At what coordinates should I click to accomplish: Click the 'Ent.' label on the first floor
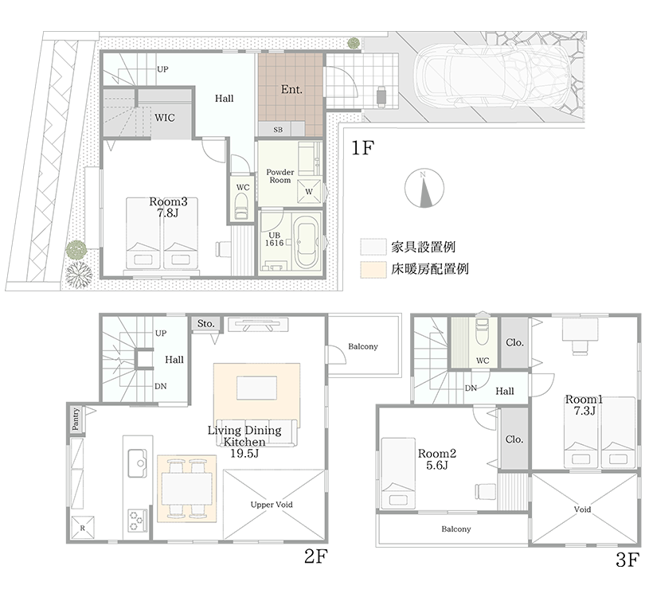pyautogui.click(x=291, y=89)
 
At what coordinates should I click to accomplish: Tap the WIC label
pyautogui.click(x=165, y=118)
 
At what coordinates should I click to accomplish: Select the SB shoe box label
pyautogui.click(x=278, y=130)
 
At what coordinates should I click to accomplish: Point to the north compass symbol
pyautogui.click(x=424, y=189)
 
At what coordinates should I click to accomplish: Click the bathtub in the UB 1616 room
pyautogui.click(x=307, y=244)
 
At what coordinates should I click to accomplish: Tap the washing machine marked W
pyautogui.click(x=309, y=191)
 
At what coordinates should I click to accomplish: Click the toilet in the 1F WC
pyautogui.click(x=240, y=206)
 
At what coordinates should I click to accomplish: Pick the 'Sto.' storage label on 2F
pyautogui.click(x=205, y=324)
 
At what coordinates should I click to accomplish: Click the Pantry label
pyautogui.click(x=76, y=419)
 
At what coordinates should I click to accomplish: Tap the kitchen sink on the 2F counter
pyautogui.click(x=137, y=463)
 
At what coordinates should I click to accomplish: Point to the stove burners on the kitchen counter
pyautogui.click(x=138, y=521)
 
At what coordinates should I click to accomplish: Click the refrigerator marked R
pyautogui.click(x=83, y=528)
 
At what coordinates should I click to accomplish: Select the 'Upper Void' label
pyautogui.click(x=272, y=505)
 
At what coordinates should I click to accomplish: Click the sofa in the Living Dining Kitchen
pyautogui.click(x=256, y=432)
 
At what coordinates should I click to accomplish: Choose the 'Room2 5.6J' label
pyautogui.click(x=437, y=459)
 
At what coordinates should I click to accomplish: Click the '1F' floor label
pyautogui.click(x=362, y=148)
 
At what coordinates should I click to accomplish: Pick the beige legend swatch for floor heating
pyautogui.click(x=373, y=270)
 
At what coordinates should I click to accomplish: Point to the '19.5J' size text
pyautogui.click(x=244, y=454)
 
